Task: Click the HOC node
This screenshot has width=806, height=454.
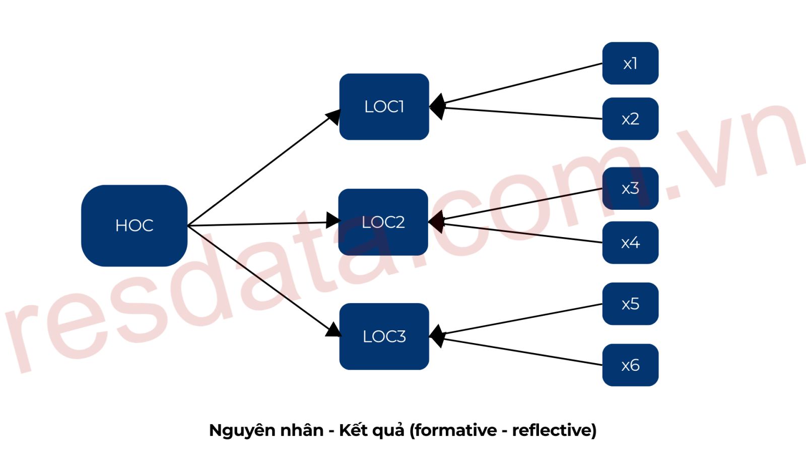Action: pyautogui.click(x=134, y=225)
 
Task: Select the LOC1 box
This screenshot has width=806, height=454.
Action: pyautogui.click(x=384, y=106)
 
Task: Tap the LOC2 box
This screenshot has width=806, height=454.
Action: pyautogui.click(x=383, y=222)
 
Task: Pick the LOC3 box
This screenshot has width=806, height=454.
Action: pyautogui.click(x=384, y=336)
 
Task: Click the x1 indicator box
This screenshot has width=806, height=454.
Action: pyautogui.click(x=630, y=64)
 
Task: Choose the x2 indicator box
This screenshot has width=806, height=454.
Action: pyautogui.click(x=630, y=119)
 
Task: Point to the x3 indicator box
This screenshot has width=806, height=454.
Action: pyautogui.click(x=630, y=188)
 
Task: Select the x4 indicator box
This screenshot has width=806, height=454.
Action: pyautogui.click(x=630, y=243)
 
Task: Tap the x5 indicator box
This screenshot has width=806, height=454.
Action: pyautogui.click(x=630, y=304)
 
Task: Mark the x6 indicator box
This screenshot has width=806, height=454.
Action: pyautogui.click(x=630, y=365)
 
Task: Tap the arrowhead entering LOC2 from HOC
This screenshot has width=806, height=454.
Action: pyautogui.click(x=333, y=220)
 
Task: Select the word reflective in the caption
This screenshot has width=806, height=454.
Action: pyautogui.click(x=552, y=430)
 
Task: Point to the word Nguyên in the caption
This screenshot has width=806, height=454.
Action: pyautogui.click(x=241, y=430)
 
